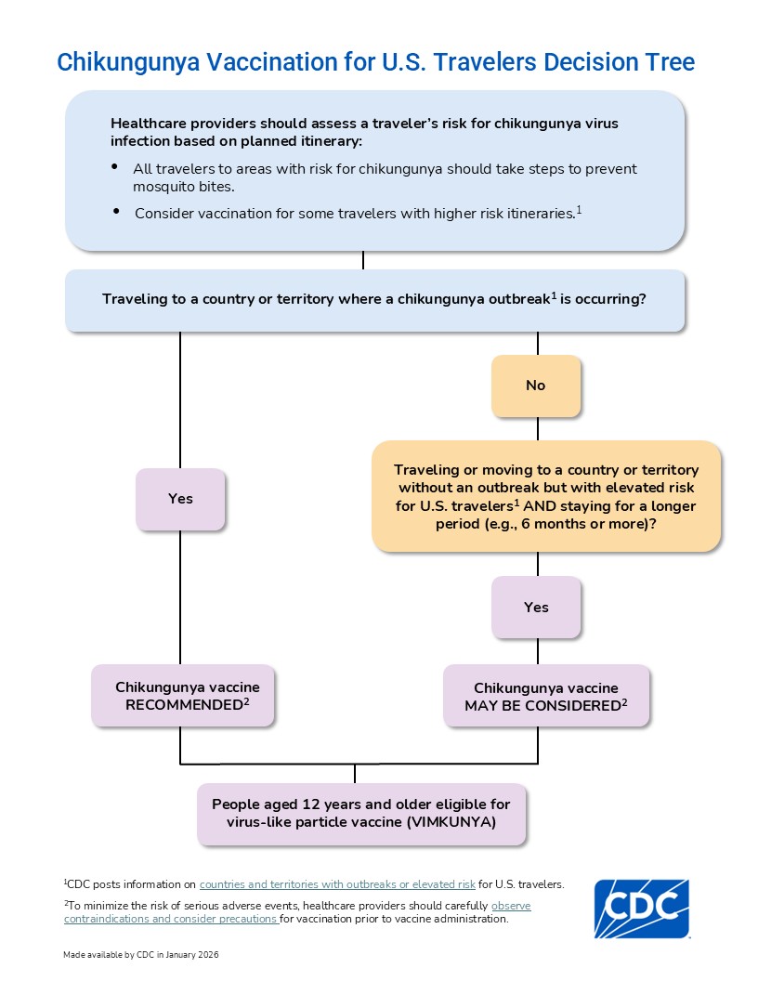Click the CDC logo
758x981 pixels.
point(642,909)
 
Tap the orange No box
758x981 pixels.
point(536,386)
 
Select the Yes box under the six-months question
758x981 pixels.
point(536,608)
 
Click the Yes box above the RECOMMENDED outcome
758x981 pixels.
point(180,499)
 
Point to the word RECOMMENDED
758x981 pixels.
point(184,705)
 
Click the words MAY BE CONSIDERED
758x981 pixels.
point(542,706)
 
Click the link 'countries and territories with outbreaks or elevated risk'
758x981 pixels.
point(337,884)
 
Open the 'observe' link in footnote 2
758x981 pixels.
point(511,906)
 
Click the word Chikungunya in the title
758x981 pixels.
point(128,62)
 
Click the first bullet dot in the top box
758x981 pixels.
point(114,166)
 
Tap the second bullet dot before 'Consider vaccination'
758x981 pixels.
point(116,212)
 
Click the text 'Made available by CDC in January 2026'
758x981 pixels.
point(140,955)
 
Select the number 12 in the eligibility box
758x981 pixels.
point(311,804)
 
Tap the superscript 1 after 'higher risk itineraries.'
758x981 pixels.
point(579,210)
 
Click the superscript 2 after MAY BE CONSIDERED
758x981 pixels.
point(624,702)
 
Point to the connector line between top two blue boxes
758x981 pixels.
point(362,260)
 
